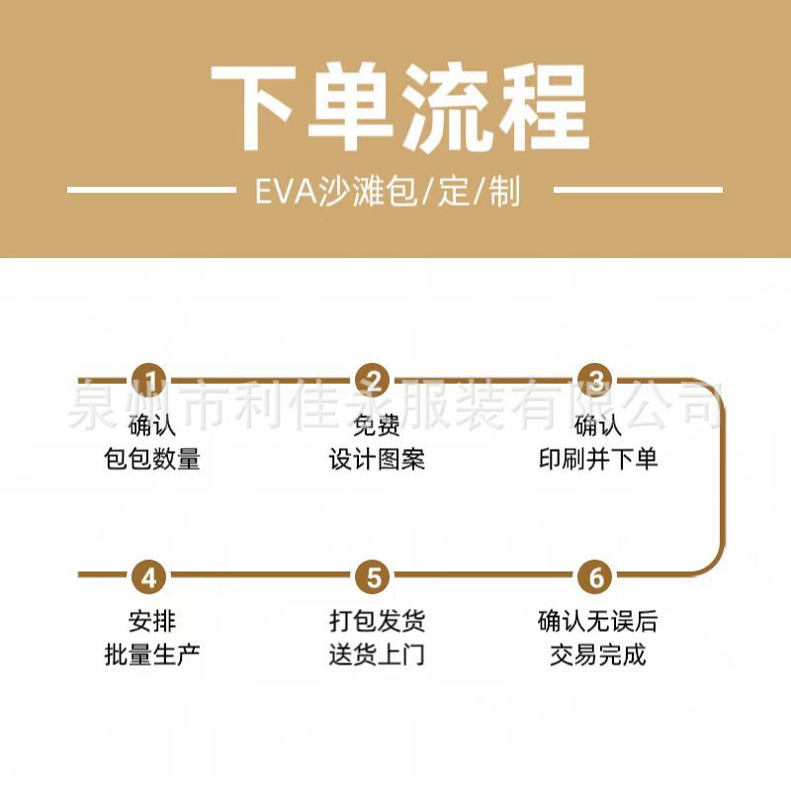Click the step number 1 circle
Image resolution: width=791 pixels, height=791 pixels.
tap(151, 381)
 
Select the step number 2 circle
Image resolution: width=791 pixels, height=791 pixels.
tap(375, 381)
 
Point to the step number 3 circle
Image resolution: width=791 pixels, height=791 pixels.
tap(596, 381)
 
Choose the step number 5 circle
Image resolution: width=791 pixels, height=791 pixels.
tap(375, 575)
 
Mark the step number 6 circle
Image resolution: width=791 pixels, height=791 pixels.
tap(596, 575)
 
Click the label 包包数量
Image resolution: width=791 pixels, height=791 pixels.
tap(152, 459)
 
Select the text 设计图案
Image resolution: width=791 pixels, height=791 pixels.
tap(377, 459)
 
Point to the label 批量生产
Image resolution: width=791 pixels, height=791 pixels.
tap(152, 654)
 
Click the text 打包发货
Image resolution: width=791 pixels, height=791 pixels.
tap(377, 621)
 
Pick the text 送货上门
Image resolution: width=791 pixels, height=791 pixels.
tap(377, 654)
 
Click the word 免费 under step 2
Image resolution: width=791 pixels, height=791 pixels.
tap(377, 426)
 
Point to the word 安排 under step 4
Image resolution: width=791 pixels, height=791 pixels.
tap(152, 621)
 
